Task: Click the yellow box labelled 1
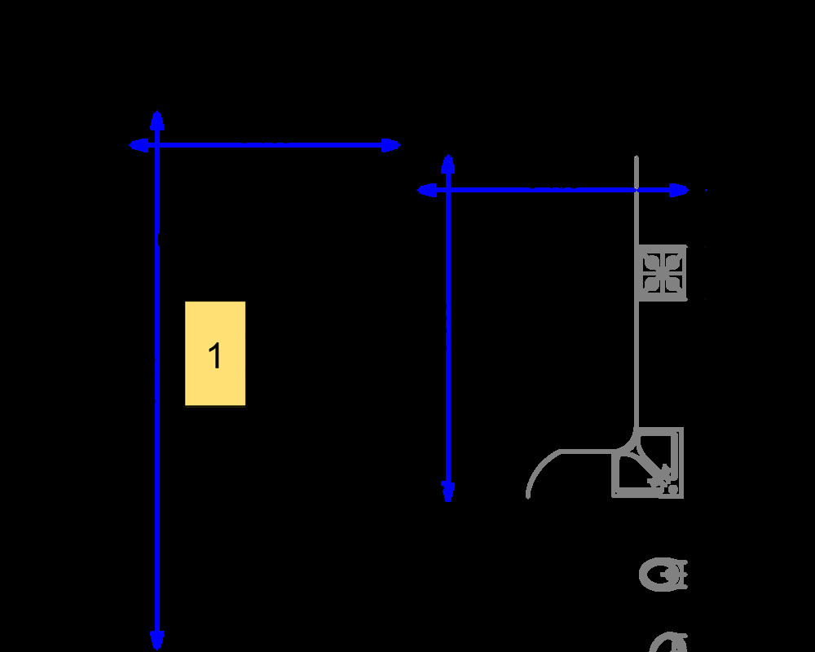point(215,353)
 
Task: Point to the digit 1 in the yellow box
point(214,355)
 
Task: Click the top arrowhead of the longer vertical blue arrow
point(157,121)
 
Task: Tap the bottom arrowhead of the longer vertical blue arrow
point(157,641)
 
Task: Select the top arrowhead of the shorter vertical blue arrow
point(448,164)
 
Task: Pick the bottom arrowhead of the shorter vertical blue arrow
point(448,492)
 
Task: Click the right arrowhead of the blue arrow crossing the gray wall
point(679,190)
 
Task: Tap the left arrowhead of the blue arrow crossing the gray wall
point(427,190)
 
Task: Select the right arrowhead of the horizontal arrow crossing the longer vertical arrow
point(391,146)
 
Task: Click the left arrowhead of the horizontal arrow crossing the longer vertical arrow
point(139,146)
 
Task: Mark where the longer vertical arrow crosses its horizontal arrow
point(157,146)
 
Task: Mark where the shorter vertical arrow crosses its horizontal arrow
point(448,190)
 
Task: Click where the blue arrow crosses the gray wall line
point(637,190)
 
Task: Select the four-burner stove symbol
point(662,272)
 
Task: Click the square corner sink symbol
point(648,463)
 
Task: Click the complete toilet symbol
point(663,574)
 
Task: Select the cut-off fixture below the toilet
point(669,643)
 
